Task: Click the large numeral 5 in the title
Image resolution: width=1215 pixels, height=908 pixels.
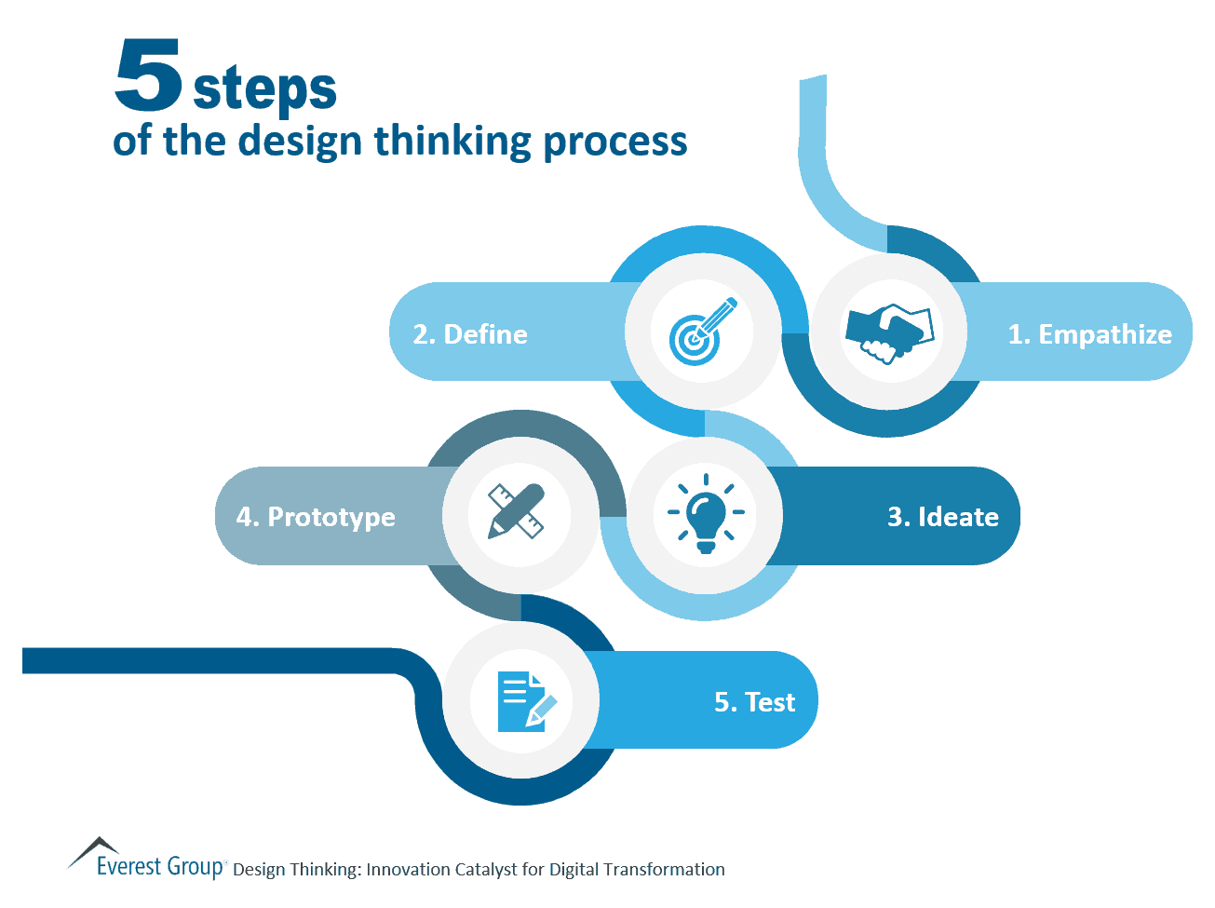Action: pos(148,75)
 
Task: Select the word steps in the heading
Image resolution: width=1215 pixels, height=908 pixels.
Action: pos(264,90)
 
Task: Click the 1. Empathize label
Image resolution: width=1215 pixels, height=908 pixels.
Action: pos(1089,334)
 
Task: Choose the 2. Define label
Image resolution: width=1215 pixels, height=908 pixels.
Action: pos(470,334)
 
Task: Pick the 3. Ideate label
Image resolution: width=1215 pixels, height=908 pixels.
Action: pos(942,517)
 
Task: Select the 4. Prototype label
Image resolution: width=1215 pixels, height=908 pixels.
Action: pos(316,517)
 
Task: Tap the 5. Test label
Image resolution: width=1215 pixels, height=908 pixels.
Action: pos(754,702)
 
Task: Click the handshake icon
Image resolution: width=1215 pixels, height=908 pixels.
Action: pos(888,332)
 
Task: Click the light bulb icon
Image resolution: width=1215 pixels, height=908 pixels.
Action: pos(706,513)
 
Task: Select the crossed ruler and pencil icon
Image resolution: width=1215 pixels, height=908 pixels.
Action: pos(517,511)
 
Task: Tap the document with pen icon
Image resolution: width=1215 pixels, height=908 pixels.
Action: pos(524,700)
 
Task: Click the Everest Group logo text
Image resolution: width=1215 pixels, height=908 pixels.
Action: pos(160,867)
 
